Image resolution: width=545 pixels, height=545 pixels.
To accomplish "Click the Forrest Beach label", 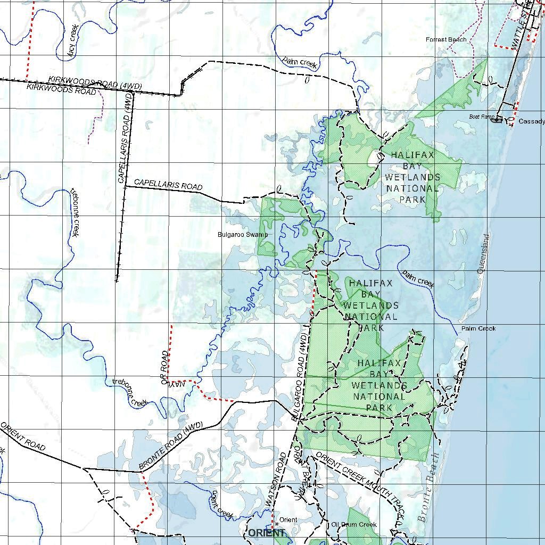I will pos(446,39).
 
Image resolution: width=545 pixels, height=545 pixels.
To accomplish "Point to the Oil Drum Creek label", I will pos(354,524).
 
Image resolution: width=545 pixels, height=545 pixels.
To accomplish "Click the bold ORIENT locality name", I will pos(266,533).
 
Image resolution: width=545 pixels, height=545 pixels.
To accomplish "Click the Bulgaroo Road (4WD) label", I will pos(300,378).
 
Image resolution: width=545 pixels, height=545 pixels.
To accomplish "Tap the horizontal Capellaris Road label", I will pos(168,184).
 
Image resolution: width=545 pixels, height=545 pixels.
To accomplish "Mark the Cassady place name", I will pos(531,121).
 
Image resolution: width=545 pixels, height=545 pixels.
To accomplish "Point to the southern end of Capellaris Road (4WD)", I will pos(117,280).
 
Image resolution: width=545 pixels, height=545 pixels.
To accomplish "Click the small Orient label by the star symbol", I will pos(288,519).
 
